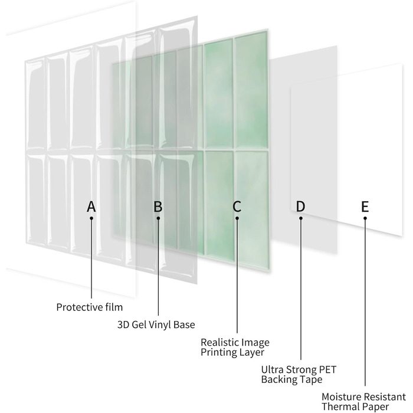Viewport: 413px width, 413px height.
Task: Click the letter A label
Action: point(91,206)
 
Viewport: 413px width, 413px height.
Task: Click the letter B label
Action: point(158,206)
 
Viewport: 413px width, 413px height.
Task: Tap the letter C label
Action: point(237,206)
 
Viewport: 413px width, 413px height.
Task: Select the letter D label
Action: point(300,206)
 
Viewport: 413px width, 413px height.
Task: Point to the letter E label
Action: point(365,206)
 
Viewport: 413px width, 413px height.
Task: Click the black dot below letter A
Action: point(91,218)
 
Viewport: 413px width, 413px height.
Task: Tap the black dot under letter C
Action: point(237,218)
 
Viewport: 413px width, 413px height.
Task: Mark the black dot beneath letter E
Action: point(365,218)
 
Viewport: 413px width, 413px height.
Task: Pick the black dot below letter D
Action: point(301,218)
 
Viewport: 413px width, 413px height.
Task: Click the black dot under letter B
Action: point(158,218)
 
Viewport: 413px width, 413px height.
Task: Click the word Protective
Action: point(80,307)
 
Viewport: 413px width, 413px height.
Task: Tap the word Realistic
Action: point(219,342)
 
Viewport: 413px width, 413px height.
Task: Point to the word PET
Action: point(327,370)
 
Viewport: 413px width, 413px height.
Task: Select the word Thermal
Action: point(339,407)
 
